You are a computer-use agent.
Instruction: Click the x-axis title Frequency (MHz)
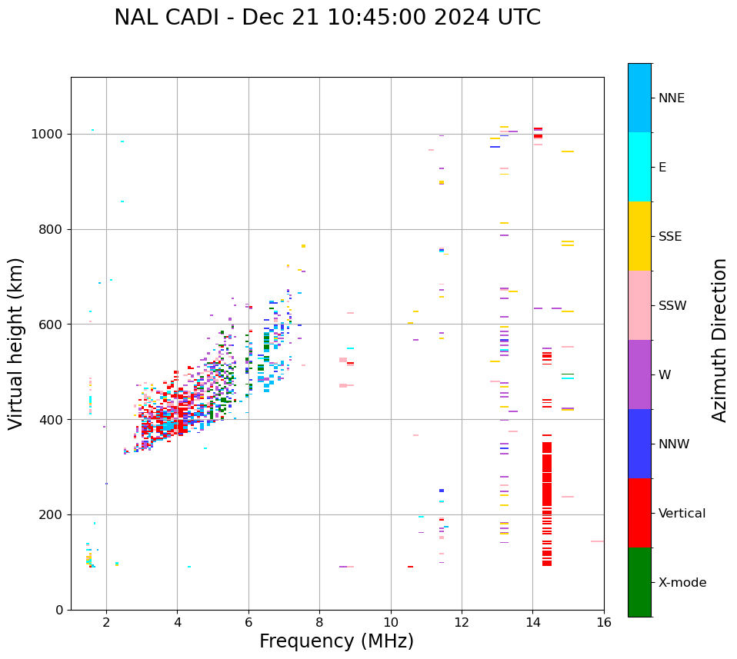(336, 641)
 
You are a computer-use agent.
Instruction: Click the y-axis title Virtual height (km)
(16, 343)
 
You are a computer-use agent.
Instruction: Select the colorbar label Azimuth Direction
(719, 340)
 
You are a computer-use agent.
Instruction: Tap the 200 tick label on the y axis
(54, 514)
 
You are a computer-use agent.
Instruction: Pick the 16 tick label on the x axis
(604, 622)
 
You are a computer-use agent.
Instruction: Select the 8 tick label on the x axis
(319, 622)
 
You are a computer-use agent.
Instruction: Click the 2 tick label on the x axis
(106, 622)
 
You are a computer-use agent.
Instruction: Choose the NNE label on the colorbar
(671, 98)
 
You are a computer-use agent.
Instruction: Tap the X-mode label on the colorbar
(682, 583)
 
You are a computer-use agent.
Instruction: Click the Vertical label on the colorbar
(682, 514)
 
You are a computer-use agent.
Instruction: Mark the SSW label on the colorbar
(672, 306)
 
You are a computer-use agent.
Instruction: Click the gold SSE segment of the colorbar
(639, 236)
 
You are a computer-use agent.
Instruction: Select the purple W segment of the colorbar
(639, 374)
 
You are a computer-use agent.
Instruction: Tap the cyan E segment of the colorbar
(639, 167)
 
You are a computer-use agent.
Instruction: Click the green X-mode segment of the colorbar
(639, 582)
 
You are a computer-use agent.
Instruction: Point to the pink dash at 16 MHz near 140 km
(597, 541)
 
